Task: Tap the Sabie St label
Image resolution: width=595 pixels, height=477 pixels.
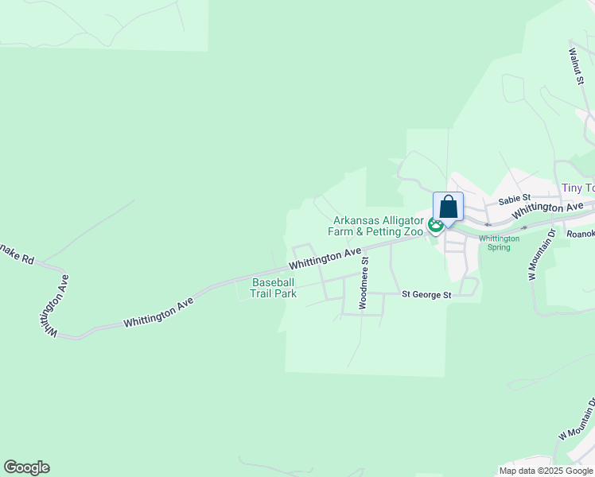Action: click(x=514, y=199)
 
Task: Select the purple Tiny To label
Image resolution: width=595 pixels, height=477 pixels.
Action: click(x=577, y=188)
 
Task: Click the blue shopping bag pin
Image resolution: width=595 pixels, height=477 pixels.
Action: click(x=448, y=207)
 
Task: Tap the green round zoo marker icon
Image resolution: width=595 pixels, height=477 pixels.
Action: click(x=435, y=226)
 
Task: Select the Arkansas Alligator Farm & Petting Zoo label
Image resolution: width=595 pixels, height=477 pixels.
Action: click(x=378, y=226)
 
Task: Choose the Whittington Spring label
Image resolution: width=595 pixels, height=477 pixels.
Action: click(x=499, y=242)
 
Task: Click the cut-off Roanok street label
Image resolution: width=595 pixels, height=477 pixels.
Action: click(x=580, y=234)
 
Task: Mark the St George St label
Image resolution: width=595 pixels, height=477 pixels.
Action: click(x=426, y=295)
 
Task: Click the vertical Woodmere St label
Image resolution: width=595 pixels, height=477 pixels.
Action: click(x=364, y=282)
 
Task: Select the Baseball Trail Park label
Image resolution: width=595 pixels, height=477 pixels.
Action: click(x=274, y=288)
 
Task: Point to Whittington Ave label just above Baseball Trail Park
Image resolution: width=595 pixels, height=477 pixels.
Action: click(x=325, y=258)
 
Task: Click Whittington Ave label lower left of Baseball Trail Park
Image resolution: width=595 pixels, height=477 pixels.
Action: click(x=159, y=313)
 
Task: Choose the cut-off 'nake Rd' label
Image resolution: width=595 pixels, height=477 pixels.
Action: click(x=17, y=252)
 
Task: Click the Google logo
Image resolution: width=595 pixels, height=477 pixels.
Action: click(x=26, y=467)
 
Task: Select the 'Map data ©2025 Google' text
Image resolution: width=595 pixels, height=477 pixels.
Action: click(x=546, y=471)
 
